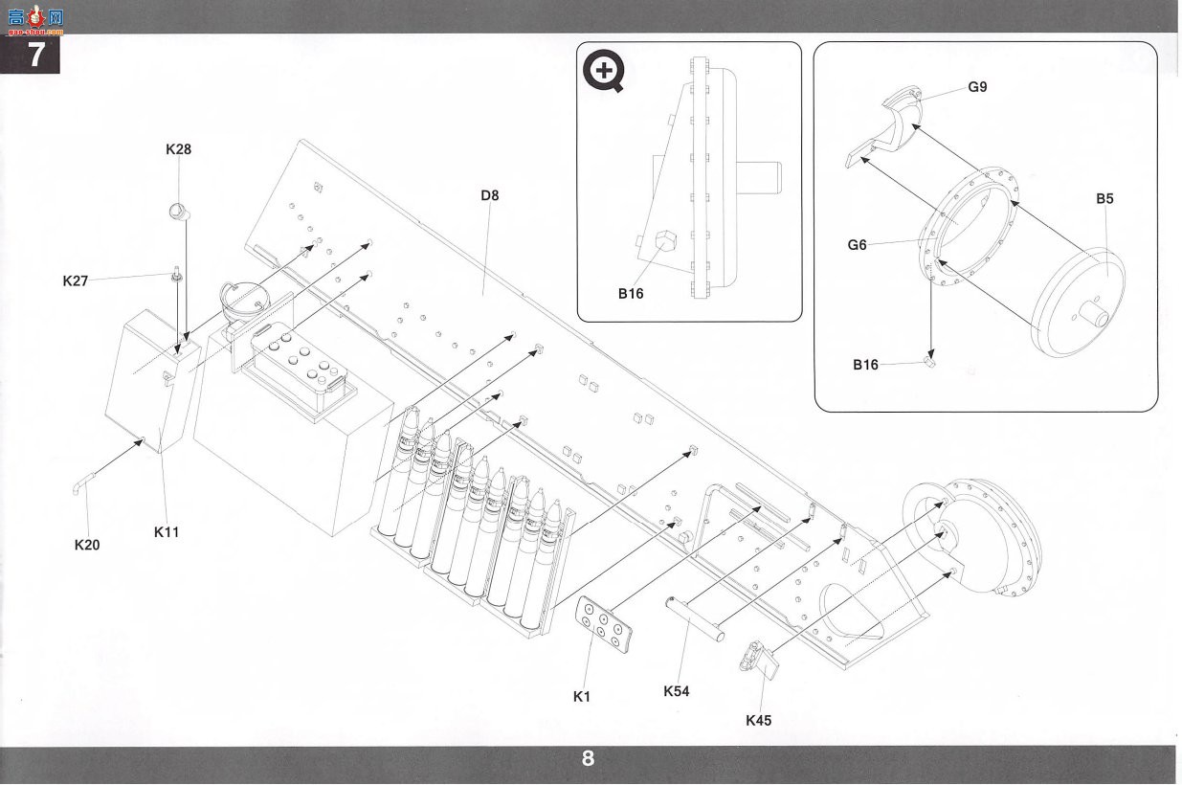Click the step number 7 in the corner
tap(35, 55)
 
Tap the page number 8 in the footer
tap(588, 758)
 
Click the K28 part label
tap(178, 149)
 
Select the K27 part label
tap(76, 280)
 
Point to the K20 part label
tap(87, 545)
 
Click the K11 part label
tap(167, 532)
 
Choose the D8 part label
tap(490, 196)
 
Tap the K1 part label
tap(582, 697)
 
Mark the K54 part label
tap(677, 691)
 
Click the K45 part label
tap(758, 721)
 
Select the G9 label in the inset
tap(977, 87)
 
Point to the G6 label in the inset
tap(857, 245)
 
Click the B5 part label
tap(1104, 199)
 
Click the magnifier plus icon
tap(604, 71)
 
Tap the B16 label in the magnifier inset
tap(631, 294)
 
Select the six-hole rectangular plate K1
tap(604, 624)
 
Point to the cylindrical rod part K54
tap(695, 618)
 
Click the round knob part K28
tap(178, 213)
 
